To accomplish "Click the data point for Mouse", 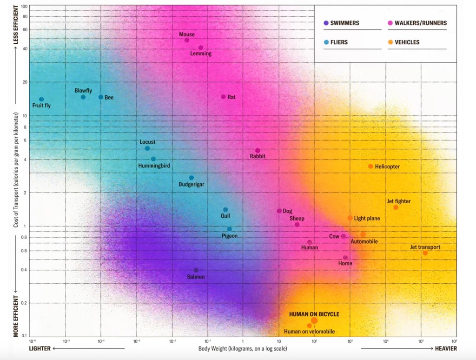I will tap(187, 40).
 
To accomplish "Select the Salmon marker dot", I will tap(196, 270).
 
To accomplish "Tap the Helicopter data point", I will tap(370, 167).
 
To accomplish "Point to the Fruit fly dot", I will tap(41, 99).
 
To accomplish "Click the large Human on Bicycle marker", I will tap(314, 320).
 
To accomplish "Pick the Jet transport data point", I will tap(425, 253).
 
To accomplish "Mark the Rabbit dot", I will tap(258, 151).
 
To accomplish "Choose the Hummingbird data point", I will tap(153, 159).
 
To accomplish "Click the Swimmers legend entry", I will tap(344, 23).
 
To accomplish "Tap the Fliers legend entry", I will tap(339, 42).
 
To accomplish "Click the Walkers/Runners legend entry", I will tap(420, 23).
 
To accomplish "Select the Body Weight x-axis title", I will tap(243, 349).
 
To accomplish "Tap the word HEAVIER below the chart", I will tap(445, 349).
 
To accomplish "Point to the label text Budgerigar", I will tap(192, 185).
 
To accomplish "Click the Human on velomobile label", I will tap(309, 332).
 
